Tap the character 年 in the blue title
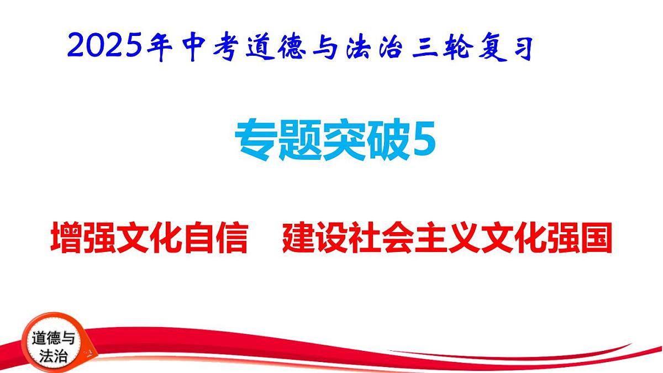click(161, 48)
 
